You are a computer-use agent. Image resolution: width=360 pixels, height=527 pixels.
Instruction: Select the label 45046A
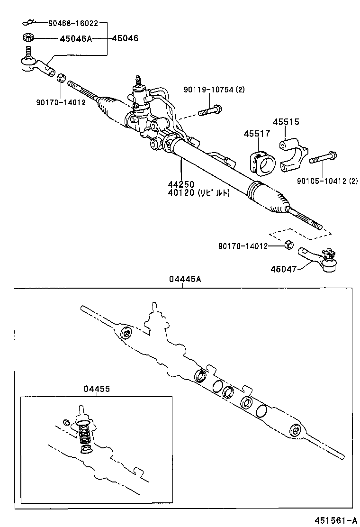76,38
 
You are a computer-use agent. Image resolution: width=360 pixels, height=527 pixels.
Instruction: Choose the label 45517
257,134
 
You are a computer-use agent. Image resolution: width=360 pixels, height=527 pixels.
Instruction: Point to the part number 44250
180,184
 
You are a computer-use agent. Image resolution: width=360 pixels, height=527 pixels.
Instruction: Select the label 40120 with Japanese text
198,193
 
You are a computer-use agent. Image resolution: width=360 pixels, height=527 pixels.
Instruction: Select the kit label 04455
97,389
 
